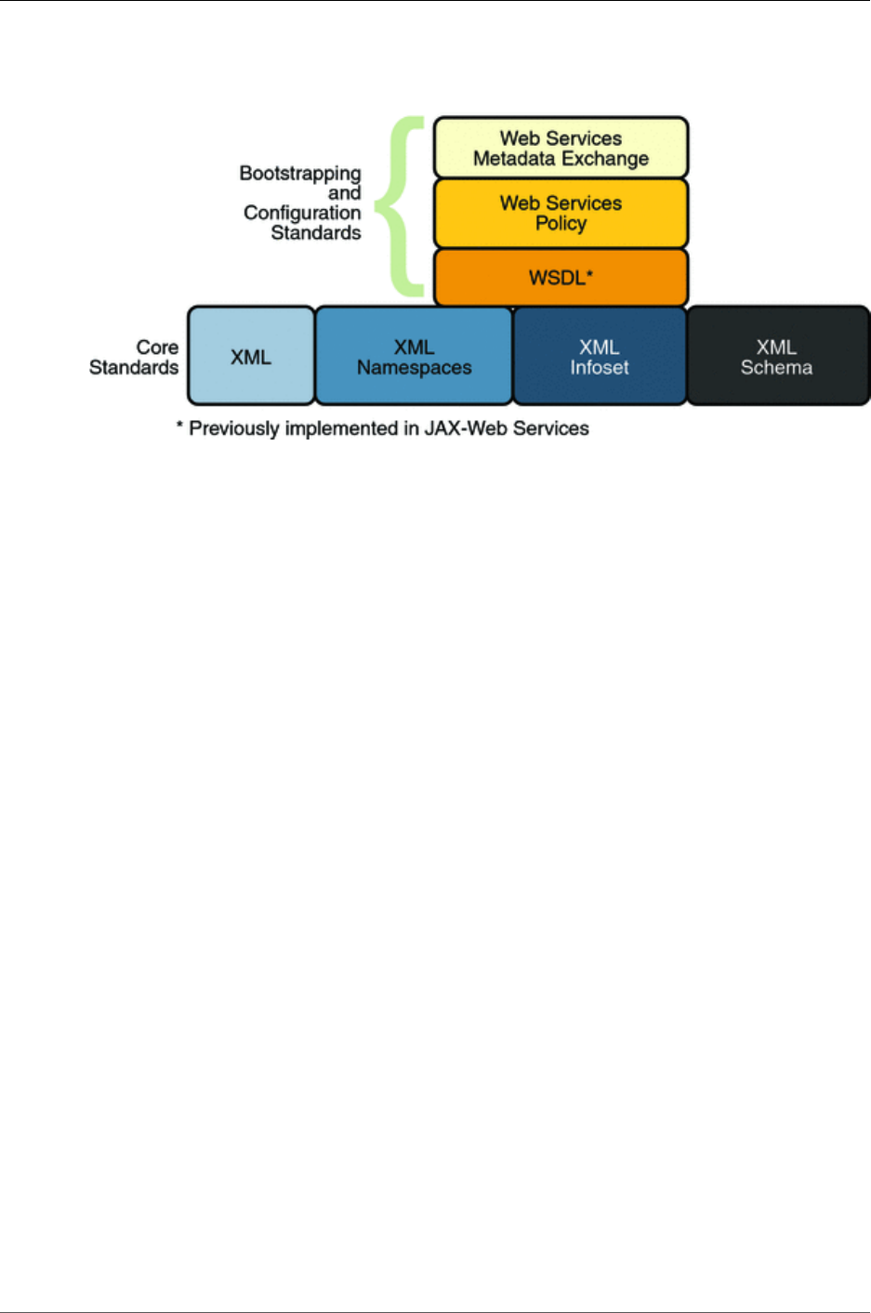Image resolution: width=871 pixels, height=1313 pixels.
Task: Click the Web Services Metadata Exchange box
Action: point(561,148)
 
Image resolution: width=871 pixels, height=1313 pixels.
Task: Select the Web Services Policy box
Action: point(561,213)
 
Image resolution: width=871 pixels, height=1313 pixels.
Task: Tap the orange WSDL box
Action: point(561,277)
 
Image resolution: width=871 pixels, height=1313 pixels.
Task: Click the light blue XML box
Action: point(251,357)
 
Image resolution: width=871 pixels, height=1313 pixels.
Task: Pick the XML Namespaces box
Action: point(414,357)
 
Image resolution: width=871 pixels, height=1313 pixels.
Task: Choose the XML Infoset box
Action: point(600,357)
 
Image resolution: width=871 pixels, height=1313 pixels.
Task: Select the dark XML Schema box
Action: point(777,357)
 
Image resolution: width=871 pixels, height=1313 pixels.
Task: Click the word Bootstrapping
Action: point(299,174)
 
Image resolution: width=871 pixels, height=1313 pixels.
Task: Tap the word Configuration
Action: point(302,213)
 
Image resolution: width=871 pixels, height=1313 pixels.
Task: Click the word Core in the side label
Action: point(157,348)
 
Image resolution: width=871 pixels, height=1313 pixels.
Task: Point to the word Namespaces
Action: point(414,368)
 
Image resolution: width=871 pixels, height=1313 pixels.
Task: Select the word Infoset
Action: point(600,368)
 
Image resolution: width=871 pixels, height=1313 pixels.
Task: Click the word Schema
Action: point(776,368)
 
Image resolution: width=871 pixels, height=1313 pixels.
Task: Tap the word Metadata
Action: point(513,159)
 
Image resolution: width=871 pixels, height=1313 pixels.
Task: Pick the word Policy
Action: point(561,224)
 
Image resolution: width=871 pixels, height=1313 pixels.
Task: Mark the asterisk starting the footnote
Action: point(180,427)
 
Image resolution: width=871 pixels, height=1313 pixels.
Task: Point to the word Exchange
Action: point(605,159)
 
